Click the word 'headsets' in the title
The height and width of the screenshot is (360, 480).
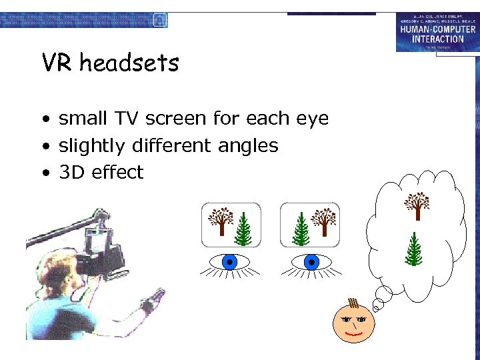pyautogui.click(x=129, y=63)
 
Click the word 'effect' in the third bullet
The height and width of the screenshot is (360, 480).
pyautogui.click(x=118, y=173)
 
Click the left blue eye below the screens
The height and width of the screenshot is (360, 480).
pyautogui.click(x=230, y=262)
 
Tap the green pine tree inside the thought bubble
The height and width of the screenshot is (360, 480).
pyautogui.click(x=414, y=249)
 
